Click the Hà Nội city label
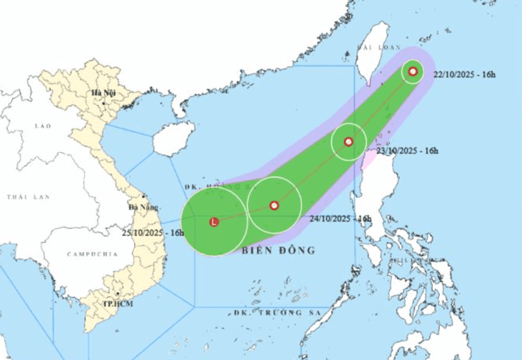[103, 93]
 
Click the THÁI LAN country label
[28, 197]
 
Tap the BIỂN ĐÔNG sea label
[278, 250]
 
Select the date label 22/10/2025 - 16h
[465, 75]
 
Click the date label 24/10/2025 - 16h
[340, 219]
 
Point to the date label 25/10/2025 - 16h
[153, 232]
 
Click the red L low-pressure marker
[214, 222]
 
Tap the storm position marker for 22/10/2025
[413, 72]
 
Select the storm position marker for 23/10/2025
[349, 141]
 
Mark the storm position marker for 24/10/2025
[274, 205]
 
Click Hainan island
[173, 138]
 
